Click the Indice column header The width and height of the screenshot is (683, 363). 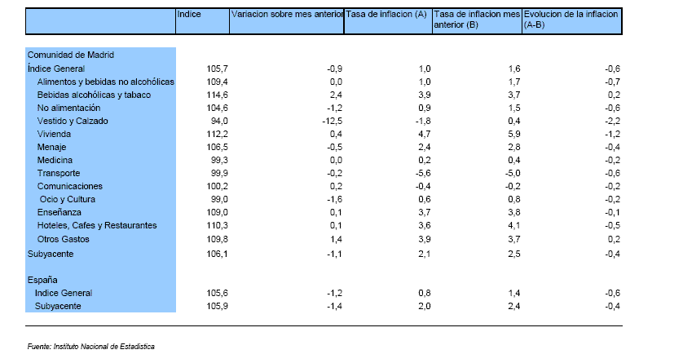click(x=189, y=15)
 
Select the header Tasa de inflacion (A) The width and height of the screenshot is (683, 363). click(x=386, y=15)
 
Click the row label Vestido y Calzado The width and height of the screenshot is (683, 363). click(x=73, y=121)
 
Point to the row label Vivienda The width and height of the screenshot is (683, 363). click(x=55, y=134)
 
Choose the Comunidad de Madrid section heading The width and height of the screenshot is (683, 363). click(x=70, y=55)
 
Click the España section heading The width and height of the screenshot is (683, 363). click(x=42, y=279)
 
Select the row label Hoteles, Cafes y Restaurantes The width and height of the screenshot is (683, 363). click(x=97, y=225)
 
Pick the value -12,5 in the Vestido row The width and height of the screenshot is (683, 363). click(x=330, y=121)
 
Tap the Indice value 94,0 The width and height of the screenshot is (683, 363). click(x=208, y=121)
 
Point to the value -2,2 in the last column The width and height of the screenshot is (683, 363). click(x=612, y=121)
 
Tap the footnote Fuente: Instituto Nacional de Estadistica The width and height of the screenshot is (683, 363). click(x=91, y=346)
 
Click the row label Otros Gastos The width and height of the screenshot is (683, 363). click(x=64, y=239)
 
